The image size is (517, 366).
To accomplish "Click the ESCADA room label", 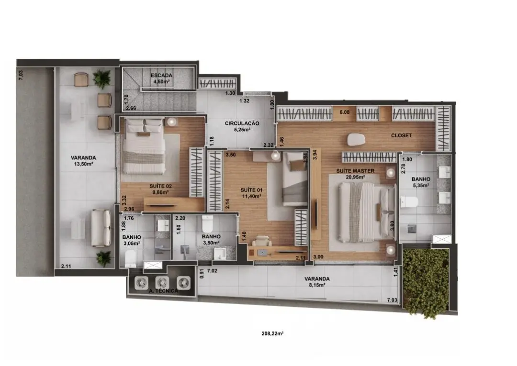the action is (x=162, y=76).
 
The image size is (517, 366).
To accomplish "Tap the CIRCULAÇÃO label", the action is (x=242, y=123).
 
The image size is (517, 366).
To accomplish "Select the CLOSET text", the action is (x=401, y=135).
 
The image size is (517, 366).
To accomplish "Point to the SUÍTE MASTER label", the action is (x=355, y=171).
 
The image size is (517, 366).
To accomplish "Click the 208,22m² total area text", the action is (x=273, y=333).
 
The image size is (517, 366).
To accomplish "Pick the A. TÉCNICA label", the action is (x=164, y=291).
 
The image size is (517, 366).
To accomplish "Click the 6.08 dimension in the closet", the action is (x=345, y=112).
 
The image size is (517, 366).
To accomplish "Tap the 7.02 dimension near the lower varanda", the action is (x=212, y=271).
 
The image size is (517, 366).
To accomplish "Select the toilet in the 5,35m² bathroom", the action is (x=409, y=201).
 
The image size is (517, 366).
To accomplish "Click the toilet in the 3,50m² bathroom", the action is (x=208, y=224).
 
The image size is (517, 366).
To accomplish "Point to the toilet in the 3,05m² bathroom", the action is (x=131, y=259).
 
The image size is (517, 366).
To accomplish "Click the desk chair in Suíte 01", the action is (x=262, y=241).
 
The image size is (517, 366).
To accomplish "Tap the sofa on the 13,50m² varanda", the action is (x=101, y=228).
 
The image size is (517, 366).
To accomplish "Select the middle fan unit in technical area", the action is (x=162, y=282).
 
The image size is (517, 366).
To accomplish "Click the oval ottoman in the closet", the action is (x=356, y=140).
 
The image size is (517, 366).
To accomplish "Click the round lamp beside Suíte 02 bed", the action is (x=171, y=122).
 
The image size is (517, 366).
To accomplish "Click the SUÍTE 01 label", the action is (x=251, y=190).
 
